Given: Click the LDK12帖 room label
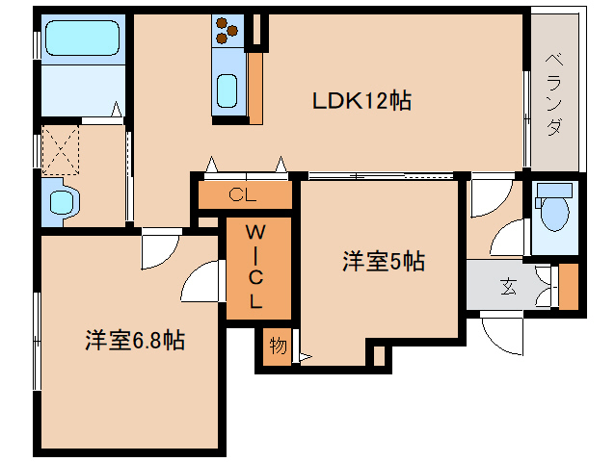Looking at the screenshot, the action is tap(361, 101).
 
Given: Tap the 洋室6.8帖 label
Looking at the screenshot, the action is tap(135, 340).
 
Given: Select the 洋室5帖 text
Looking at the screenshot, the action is tap(384, 261).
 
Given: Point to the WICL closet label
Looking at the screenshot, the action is tap(255, 267).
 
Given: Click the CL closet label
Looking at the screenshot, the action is tap(242, 194).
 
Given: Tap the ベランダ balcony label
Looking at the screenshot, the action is tap(554, 94).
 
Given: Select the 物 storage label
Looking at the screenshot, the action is tap(278, 346).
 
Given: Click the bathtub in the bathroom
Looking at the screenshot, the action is tap(82, 38).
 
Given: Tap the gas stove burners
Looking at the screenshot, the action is tap(227, 30).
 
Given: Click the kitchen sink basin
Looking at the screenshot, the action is tap(227, 90).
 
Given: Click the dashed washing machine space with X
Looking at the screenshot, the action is tap(61, 150).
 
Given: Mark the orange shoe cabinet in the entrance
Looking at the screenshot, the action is tap(569, 286).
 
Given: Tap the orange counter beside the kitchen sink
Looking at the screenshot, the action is tap(255, 89).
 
